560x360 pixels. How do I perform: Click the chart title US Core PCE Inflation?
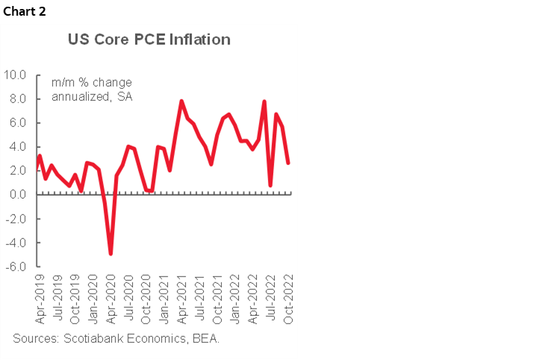[149, 40]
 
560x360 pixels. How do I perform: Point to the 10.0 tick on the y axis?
[16, 75]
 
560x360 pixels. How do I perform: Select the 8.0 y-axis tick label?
[18, 99]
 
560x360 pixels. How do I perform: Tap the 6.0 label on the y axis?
[18, 122]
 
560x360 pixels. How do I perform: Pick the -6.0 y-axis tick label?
[16, 267]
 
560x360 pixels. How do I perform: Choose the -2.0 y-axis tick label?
[16, 219]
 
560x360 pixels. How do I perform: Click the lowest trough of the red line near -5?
[111, 254]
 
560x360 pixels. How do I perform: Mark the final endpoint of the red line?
[288, 163]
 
